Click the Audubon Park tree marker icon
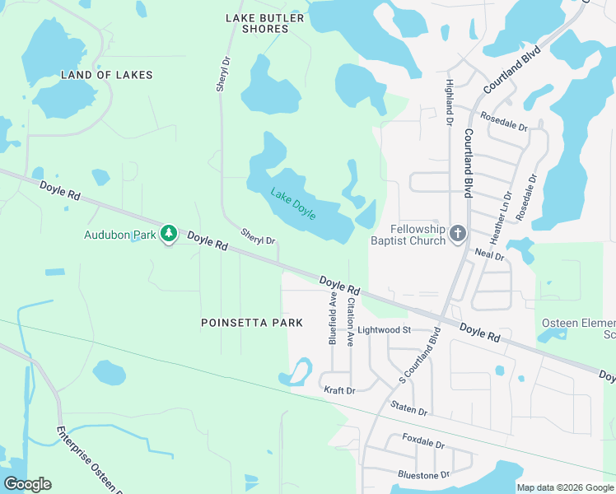click(169, 234)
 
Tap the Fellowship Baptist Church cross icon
click(459, 235)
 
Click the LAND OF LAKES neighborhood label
click(107, 75)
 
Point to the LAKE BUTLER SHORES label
click(265, 23)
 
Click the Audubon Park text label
click(120, 235)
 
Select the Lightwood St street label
click(384, 330)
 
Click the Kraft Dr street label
click(339, 390)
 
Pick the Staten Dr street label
click(409, 410)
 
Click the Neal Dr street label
click(489, 256)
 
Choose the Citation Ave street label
click(350, 321)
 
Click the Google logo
click(27, 484)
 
